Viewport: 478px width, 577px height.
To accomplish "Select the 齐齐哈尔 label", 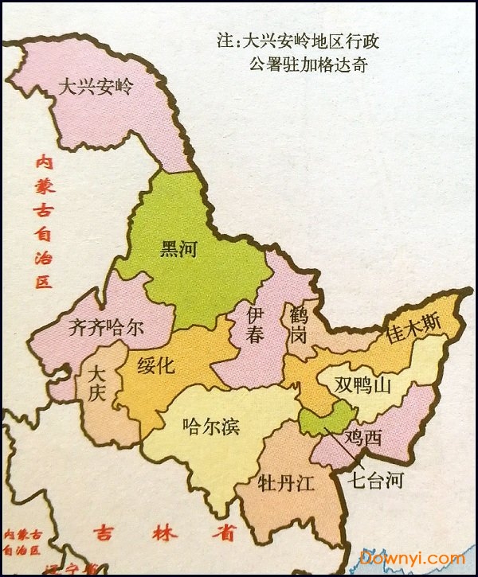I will pyautogui.click(x=106, y=327).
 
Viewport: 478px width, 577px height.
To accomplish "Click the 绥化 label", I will pyautogui.click(x=155, y=365).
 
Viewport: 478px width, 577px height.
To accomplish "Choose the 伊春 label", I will pyautogui.click(x=255, y=324).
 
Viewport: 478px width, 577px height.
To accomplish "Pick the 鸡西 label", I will pyautogui.click(x=363, y=436).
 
